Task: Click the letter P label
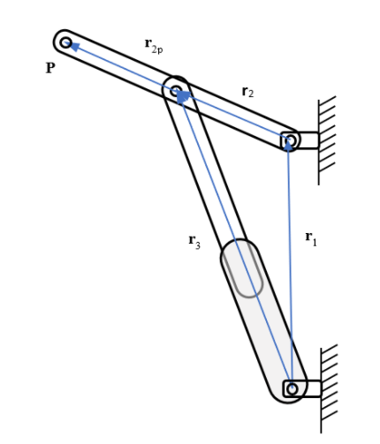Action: tap(50, 68)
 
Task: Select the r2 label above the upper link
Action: tap(248, 91)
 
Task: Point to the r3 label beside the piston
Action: tap(194, 240)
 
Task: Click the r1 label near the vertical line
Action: tap(310, 237)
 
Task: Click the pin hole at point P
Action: tap(65, 42)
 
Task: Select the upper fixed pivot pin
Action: tap(289, 139)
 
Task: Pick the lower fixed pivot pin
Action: tap(293, 388)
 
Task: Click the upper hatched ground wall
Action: tap(327, 132)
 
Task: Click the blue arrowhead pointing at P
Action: tap(75, 47)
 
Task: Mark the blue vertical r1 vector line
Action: tap(289, 265)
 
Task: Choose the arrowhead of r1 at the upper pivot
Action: tap(288, 147)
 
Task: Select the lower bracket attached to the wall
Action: tap(309, 388)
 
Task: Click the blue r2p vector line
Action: tap(124, 67)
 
